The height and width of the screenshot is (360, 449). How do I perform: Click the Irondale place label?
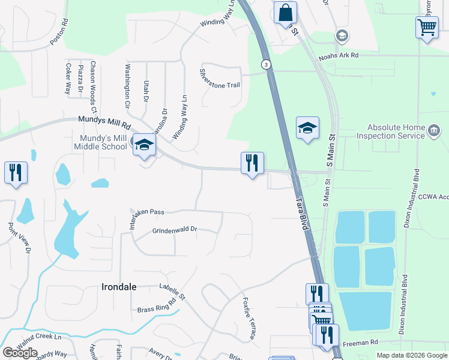(x=118, y=287)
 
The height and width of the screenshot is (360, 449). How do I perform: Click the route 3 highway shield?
(x=265, y=64)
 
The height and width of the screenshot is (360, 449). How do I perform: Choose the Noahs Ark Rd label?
(x=339, y=55)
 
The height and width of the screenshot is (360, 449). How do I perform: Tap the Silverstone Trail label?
(x=220, y=85)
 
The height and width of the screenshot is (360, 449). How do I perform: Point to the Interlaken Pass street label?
(x=147, y=212)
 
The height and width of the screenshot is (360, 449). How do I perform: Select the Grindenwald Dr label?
(x=175, y=230)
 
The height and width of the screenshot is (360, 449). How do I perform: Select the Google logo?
(x=20, y=353)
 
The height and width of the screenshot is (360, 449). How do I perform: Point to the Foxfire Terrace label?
(x=249, y=318)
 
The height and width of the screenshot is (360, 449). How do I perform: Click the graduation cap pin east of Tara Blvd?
(x=307, y=128)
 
